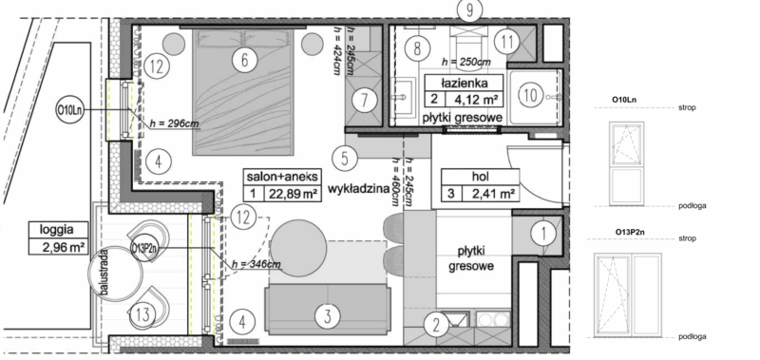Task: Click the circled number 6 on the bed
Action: pos(245,61)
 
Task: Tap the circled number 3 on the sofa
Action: pos(326,315)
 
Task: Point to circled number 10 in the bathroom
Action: pos(530,93)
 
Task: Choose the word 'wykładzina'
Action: pos(359,189)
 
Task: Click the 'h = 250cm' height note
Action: pos(465,63)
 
